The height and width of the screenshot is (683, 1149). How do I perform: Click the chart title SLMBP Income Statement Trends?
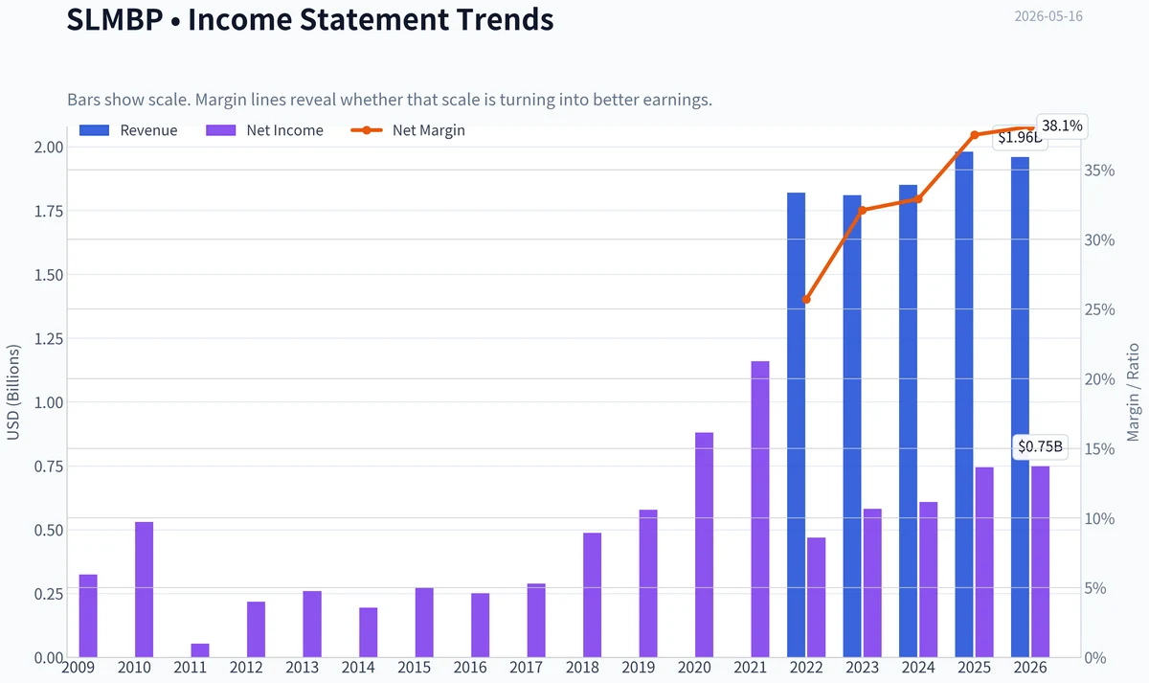pos(310,19)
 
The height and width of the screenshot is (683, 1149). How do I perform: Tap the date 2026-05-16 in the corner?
pos(1048,16)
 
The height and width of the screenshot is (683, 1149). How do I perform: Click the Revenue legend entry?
pos(128,130)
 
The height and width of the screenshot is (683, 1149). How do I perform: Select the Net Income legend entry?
pos(264,130)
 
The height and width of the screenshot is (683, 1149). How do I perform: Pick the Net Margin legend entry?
pos(408,130)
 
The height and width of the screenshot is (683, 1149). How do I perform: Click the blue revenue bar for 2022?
pos(796,425)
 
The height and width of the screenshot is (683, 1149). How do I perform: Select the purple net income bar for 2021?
pos(760,509)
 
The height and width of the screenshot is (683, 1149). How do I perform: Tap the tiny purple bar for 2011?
pos(200,650)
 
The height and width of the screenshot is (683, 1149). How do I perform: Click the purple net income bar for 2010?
pos(145,590)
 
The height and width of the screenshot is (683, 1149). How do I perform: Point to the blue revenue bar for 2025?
pos(964,404)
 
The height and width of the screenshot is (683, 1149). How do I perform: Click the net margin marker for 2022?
pos(806,299)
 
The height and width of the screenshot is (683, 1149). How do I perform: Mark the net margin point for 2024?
pos(918,198)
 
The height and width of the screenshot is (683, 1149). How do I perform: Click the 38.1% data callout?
pos(1062,125)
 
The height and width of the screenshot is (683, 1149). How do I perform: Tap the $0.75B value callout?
pos(1040,446)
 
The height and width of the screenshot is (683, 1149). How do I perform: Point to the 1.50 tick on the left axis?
pos(49,275)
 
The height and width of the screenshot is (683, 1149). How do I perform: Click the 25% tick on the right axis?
pos(1099,309)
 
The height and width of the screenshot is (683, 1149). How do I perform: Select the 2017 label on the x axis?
pos(527,668)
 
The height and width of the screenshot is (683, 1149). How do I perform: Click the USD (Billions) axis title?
pos(12,393)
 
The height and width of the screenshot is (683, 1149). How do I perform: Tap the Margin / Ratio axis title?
pos(1133,393)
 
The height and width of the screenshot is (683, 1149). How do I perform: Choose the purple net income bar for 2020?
pos(705,544)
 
